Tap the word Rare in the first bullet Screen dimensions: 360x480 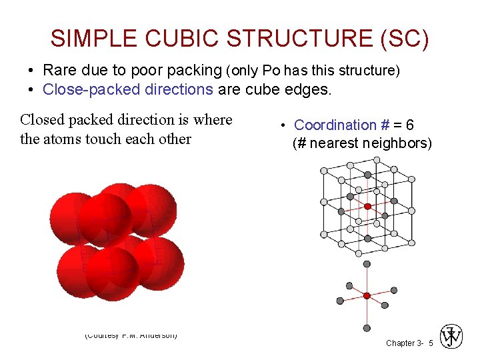[59, 70]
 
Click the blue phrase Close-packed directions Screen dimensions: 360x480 [127, 89]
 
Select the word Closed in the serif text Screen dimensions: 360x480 [43, 120]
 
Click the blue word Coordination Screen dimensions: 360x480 [335, 125]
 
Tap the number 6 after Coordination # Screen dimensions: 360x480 [410, 125]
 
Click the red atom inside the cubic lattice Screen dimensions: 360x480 [367, 207]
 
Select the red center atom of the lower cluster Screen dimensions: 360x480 [367, 295]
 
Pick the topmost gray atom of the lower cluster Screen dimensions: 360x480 [367, 264]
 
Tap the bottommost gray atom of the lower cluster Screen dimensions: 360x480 [367, 327]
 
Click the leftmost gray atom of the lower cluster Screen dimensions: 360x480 [340, 301]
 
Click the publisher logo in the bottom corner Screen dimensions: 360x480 [451, 337]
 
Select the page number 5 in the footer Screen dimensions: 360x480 [431, 343]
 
